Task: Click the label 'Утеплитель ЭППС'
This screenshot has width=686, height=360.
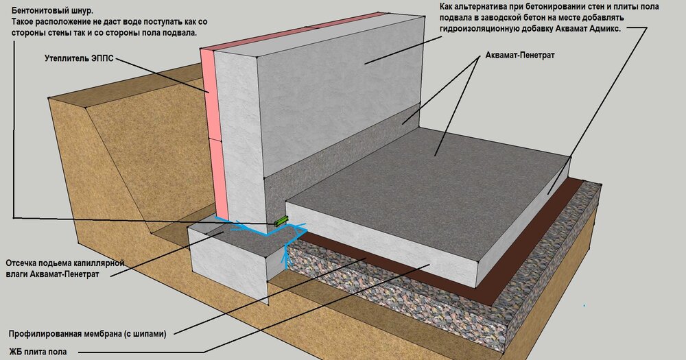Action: coord(79,58)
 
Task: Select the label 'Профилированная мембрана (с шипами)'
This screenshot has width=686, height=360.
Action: coord(88,334)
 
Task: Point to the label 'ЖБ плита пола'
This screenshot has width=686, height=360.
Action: coord(38,352)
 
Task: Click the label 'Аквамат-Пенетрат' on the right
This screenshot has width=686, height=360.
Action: coord(520,56)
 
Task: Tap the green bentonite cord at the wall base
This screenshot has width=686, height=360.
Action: coord(281,221)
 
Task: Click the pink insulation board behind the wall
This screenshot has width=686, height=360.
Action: coord(210,131)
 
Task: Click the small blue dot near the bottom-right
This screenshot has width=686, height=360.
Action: coord(584,305)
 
